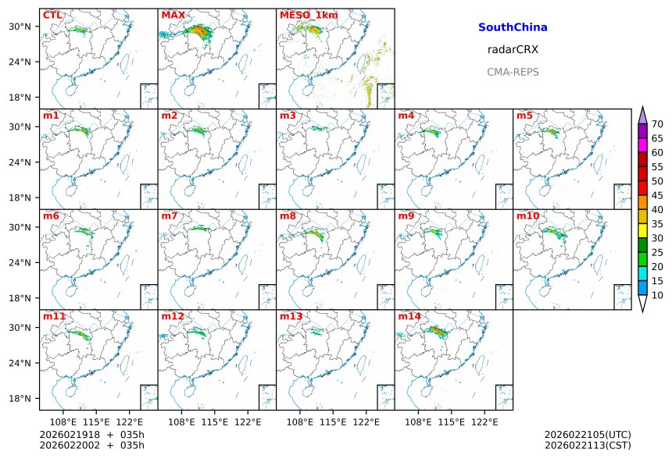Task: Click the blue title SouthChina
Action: coord(513,27)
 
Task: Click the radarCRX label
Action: coord(513,49)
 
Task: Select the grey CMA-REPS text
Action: coord(513,72)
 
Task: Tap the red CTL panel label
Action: coord(52,15)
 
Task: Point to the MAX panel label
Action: coord(172,15)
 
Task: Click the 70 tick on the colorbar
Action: coord(657,124)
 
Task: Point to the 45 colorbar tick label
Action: coord(657,195)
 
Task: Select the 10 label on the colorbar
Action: coord(657,295)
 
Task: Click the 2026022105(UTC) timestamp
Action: coord(588,434)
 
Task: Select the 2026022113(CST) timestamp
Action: coord(588,446)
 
